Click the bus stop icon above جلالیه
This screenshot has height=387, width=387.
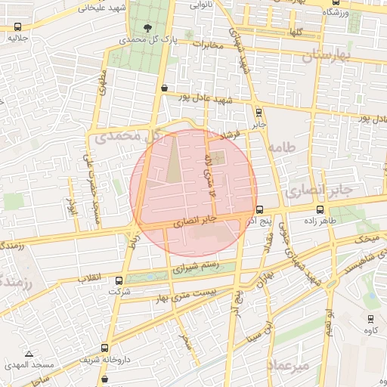pyautogui.click(x=18, y=26)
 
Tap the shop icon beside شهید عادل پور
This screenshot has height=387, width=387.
pyautogui.click(x=164, y=88)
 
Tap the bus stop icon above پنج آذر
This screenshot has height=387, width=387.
pyautogui.click(x=259, y=209)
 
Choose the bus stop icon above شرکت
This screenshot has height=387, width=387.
pyautogui.click(x=116, y=279)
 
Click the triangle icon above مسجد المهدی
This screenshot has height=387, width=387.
pyautogui.click(x=29, y=354)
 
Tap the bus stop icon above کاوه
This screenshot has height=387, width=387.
pyautogui.click(x=370, y=318)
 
